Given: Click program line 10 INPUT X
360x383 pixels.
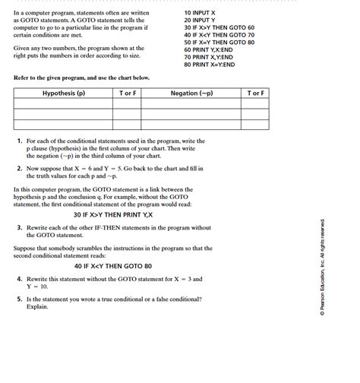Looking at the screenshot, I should (200, 13).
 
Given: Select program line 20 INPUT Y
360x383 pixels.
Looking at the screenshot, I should (200, 21).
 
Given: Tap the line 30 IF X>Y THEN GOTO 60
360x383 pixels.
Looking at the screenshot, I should (219, 28).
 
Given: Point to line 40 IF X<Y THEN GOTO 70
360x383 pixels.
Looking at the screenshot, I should (219, 35).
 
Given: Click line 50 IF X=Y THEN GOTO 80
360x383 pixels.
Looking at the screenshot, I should (219, 43).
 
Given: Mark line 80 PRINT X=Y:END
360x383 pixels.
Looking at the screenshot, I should (210, 65).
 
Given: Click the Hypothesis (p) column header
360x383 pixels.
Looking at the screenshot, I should (64, 93).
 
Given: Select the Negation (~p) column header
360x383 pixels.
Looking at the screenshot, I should (191, 93).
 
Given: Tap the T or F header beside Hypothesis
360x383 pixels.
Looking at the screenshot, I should (128, 93).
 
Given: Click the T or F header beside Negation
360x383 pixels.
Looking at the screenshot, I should (256, 93).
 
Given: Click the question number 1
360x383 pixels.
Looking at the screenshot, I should (19, 141).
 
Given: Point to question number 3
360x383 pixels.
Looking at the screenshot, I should (19, 227).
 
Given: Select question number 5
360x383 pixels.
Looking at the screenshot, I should (19, 299).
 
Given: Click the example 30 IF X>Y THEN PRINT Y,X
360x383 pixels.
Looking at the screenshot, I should (113, 215).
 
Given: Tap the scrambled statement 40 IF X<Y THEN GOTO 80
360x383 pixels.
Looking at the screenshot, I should (113, 267).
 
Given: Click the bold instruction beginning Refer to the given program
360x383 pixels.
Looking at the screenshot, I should (81, 78).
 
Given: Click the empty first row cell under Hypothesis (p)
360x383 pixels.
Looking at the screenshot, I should (64, 104).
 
